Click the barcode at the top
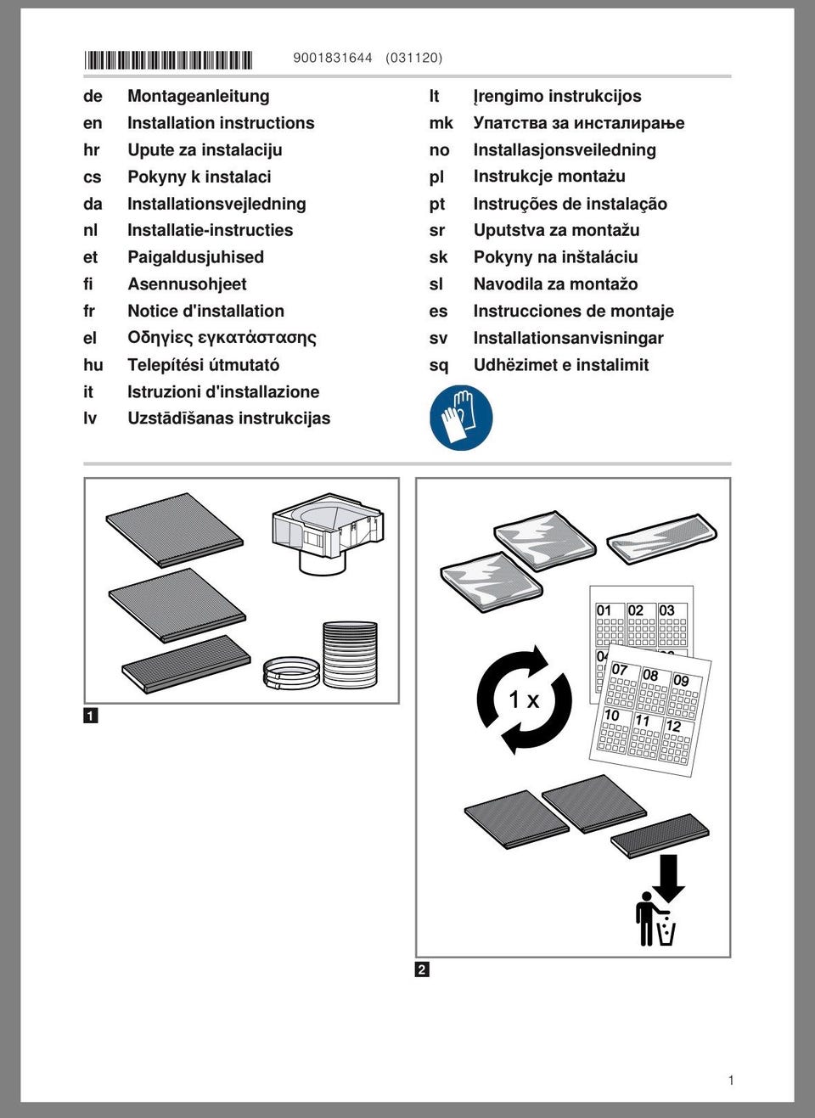click(x=168, y=59)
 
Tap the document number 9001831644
click(x=333, y=58)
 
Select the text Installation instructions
click(x=221, y=123)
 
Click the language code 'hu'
click(x=93, y=365)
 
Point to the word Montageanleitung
click(x=199, y=96)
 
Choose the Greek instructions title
click(x=222, y=338)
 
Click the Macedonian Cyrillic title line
click(x=578, y=123)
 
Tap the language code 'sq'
click(x=438, y=365)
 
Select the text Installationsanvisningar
click(x=568, y=338)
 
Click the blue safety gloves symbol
click(x=461, y=417)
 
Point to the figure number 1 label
click(x=91, y=716)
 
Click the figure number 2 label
click(x=422, y=969)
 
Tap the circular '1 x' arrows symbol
click(x=524, y=699)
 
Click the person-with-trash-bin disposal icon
click(x=655, y=919)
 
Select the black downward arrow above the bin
click(x=669, y=877)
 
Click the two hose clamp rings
click(x=291, y=671)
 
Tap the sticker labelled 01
click(x=609, y=625)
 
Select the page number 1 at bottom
click(x=731, y=1080)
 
